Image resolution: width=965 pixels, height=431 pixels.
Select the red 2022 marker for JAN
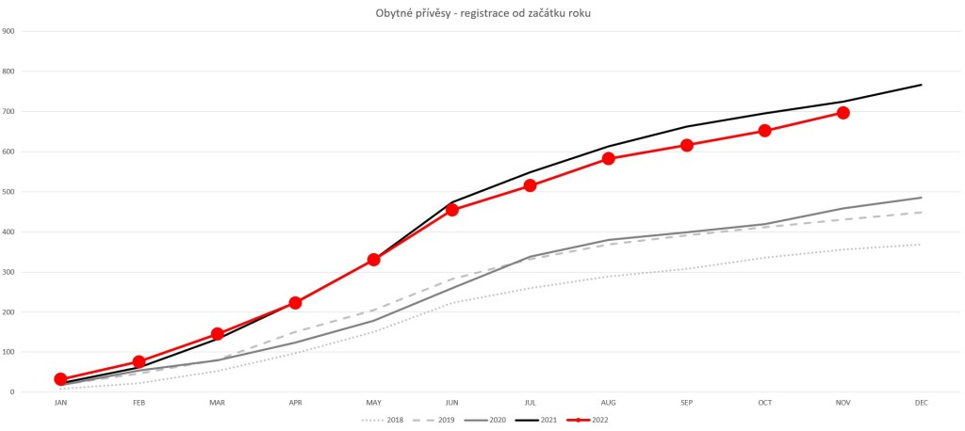coord(60,379)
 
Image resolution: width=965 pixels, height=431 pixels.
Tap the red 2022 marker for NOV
coord(843,113)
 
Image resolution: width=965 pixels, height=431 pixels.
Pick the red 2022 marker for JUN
coord(452,210)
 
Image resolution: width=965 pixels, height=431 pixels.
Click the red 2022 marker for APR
coord(295,303)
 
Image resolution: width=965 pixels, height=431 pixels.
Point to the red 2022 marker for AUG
coord(609,158)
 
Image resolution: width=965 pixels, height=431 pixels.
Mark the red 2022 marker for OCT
coord(765,131)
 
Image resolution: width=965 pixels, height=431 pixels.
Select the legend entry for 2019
coord(441,420)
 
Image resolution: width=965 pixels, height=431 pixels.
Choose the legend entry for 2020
coord(493,420)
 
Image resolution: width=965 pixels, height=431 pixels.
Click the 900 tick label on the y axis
coord(8,31)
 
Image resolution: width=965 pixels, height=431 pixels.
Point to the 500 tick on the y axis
coord(8,192)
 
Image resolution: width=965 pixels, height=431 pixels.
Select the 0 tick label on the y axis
coord(11,392)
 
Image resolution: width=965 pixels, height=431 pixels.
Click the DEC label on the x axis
coord(922,404)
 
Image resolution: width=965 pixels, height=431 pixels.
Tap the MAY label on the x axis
coord(373,404)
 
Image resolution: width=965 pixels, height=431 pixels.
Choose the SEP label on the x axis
coord(687,404)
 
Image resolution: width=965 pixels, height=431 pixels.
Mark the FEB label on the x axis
coord(139,404)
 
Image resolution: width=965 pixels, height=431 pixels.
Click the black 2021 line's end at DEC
coord(922,85)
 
